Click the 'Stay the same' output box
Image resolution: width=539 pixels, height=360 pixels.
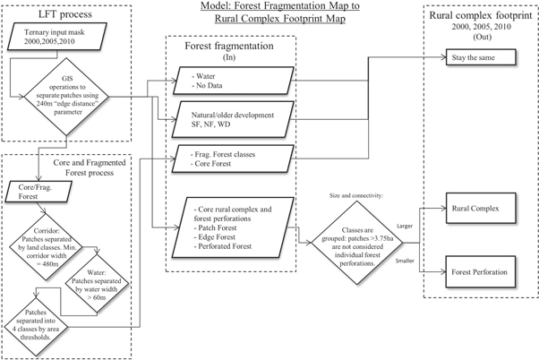coord(483,56)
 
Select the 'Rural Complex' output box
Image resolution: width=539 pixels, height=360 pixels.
coord(483,209)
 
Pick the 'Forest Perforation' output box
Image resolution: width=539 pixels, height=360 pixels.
coord(483,271)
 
